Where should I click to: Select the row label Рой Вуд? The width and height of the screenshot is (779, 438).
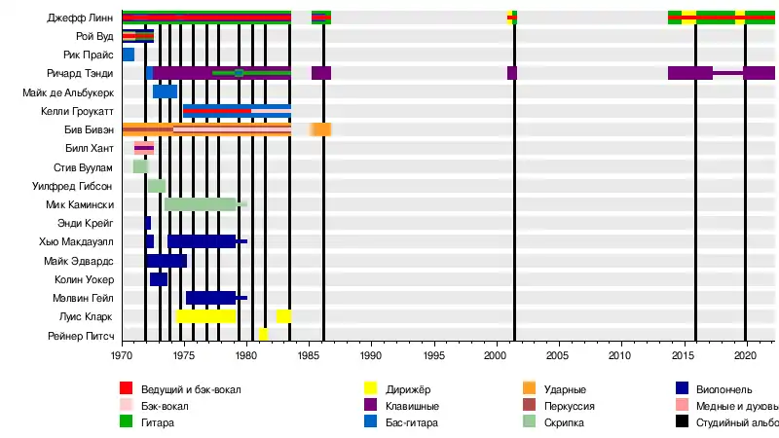(x=94, y=36)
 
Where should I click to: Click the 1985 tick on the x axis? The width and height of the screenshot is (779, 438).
(x=310, y=356)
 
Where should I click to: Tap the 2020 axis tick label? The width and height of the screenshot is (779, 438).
(x=745, y=356)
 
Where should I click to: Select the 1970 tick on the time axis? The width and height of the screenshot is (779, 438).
(x=122, y=356)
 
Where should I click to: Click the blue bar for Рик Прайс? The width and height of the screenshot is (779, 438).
(x=129, y=55)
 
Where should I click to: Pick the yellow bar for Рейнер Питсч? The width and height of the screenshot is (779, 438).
(x=263, y=334)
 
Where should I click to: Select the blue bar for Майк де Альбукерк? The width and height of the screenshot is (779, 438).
(x=165, y=91)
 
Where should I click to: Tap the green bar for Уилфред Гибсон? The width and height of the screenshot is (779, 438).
(x=157, y=185)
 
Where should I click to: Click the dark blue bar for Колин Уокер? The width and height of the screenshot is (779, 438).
(x=159, y=278)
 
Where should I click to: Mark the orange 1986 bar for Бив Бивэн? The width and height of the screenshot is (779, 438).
(x=320, y=129)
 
